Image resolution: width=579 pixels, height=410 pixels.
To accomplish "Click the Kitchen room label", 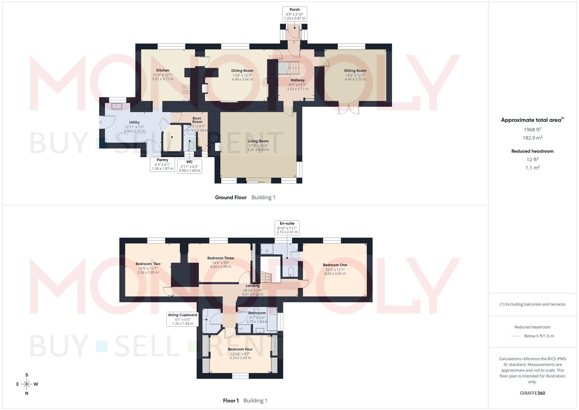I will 163,71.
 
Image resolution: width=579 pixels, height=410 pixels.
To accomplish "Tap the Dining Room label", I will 242,71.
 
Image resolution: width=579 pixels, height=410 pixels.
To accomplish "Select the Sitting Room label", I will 355,71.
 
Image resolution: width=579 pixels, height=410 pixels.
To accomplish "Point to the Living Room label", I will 258,141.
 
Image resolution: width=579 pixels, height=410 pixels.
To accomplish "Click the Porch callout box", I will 294,14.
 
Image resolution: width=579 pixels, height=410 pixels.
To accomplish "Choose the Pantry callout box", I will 162,164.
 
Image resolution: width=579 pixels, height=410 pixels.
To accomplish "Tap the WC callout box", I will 189,166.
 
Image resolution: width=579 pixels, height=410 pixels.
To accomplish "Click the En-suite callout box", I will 287,227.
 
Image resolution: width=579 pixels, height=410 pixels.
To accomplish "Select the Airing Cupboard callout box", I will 182,319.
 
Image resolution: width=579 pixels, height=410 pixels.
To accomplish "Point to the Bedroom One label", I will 335,265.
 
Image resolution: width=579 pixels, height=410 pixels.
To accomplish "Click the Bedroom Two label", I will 148,264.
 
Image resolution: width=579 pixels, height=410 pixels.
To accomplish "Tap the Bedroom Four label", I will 240,349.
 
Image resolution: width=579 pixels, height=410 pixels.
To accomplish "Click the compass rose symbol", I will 27,384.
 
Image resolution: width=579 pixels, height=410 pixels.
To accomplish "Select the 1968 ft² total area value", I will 532,129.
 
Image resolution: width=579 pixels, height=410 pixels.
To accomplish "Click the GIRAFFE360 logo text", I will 532,393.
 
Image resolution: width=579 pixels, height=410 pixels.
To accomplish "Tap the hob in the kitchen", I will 186,89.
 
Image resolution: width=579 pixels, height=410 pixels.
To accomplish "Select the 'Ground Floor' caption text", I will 231,197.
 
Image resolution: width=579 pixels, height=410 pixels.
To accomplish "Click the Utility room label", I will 134,122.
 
